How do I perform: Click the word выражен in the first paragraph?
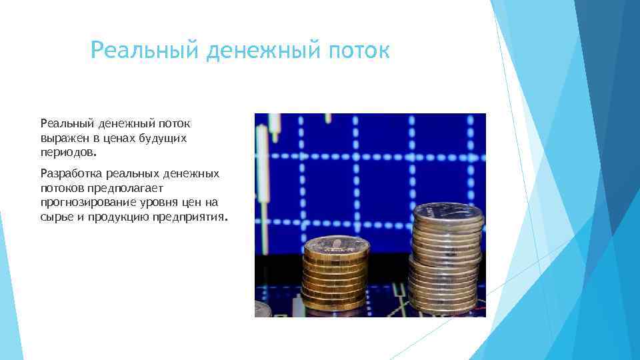pyautogui.click(x=61, y=138)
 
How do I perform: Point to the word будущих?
pyautogui.click(x=165, y=138)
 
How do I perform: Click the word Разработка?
pyautogui.click(x=70, y=173)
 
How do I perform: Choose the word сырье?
pyautogui.click(x=55, y=217)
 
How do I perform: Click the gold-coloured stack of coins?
pyautogui.click(x=335, y=277)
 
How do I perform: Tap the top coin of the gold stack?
pyautogui.click(x=335, y=244)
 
